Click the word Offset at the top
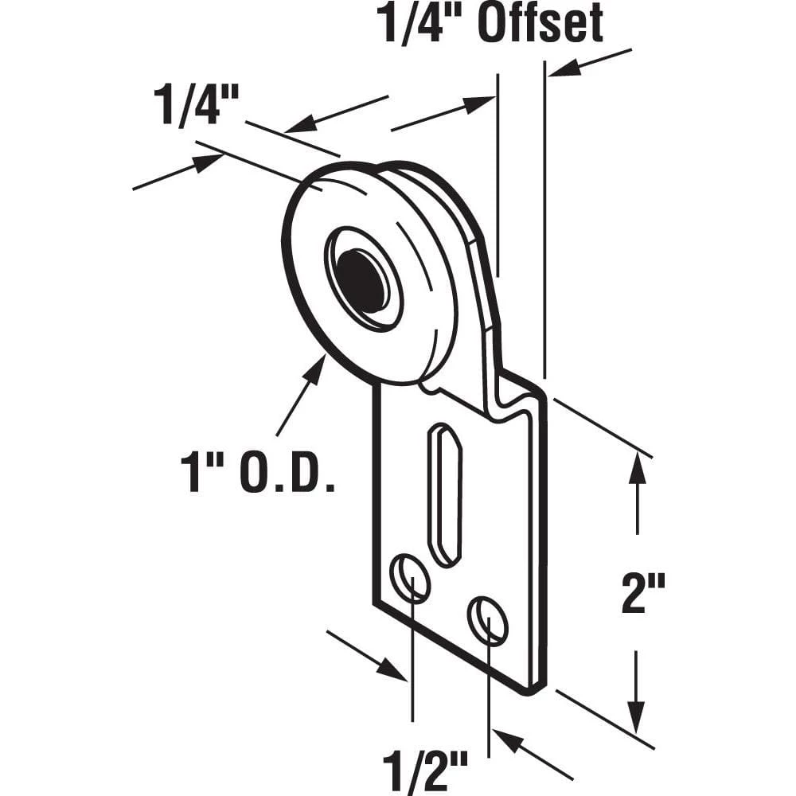tap(540, 26)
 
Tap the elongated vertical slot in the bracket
tap(444, 495)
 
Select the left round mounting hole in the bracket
tap(411, 577)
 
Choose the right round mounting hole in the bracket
tap(487, 619)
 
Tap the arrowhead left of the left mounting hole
tap(395, 671)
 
